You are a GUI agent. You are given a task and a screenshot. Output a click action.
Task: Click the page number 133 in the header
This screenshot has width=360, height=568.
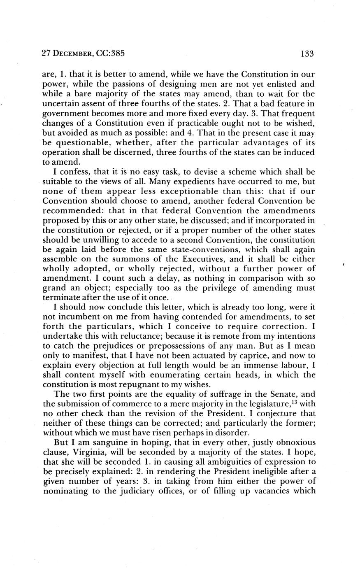click(307, 53)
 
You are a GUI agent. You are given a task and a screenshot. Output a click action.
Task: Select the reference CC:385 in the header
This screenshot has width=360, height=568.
click(111, 53)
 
